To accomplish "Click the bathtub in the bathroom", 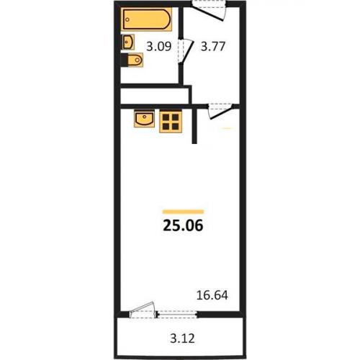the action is tap(147, 19).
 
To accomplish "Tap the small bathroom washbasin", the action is tap(127, 42).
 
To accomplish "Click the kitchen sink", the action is tap(144, 119).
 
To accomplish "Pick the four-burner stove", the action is tap(171, 122).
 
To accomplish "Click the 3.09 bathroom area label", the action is tap(159, 47).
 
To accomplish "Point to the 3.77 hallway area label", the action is tap(213, 47).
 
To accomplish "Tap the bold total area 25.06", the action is tap(183, 226).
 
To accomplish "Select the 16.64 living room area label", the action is tap(212, 295).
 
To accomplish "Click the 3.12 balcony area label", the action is tap(182, 339).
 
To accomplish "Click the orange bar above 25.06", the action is tap(183, 212).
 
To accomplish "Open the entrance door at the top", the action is tap(208, 11).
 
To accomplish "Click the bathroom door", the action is tap(185, 52).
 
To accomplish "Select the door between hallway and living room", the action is tap(220, 111).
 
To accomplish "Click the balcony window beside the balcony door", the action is tap(177, 315).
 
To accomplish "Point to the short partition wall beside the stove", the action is tap(194, 125).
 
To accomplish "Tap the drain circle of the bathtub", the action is tap(128, 19).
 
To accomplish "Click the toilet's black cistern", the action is tap(124, 60).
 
